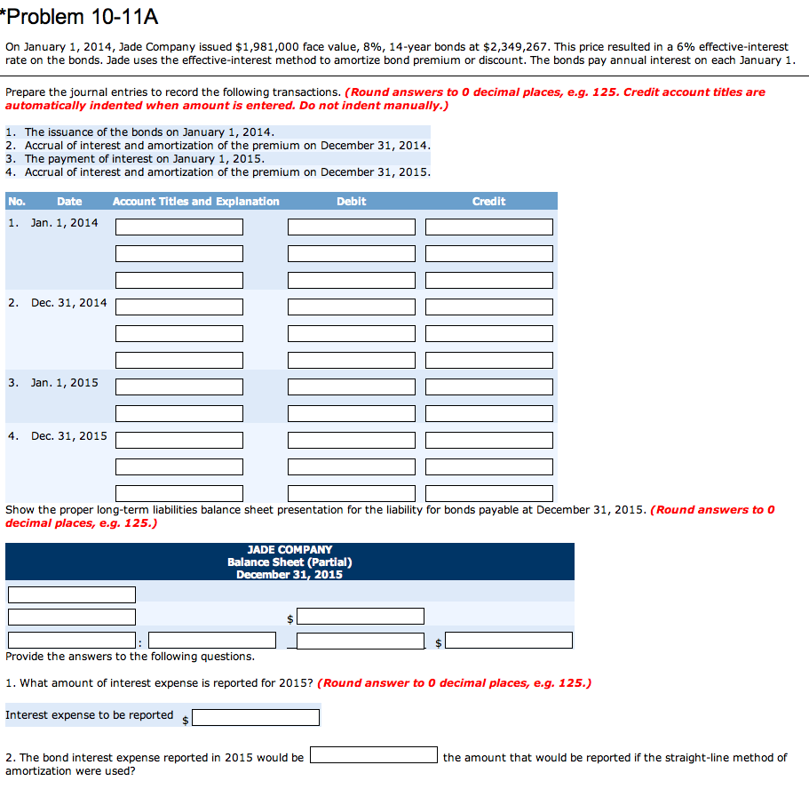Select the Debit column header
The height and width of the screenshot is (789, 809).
click(351, 202)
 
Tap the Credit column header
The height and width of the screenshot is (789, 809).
click(488, 202)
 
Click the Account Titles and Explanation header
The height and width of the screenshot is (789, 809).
click(195, 202)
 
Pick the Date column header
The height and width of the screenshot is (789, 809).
click(69, 202)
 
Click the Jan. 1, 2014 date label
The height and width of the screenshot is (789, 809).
click(65, 223)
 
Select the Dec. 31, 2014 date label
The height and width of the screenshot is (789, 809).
click(68, 303)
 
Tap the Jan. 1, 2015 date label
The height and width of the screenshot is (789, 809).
click(65, 383)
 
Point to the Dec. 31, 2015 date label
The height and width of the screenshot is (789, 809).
click(68, 436)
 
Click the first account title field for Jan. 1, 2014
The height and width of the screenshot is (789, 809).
click(179, 227)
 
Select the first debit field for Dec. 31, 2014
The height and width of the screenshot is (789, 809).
click(352, 307)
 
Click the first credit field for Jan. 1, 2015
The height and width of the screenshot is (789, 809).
click(489, 387)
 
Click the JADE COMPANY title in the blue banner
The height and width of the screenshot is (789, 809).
click(289, 550)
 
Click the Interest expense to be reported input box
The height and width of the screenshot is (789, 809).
click(256, 717)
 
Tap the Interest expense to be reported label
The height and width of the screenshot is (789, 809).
click(90, 715)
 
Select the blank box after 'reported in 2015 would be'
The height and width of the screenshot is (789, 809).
click(373, 755)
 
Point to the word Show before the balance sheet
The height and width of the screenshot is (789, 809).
click(20, 510)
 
